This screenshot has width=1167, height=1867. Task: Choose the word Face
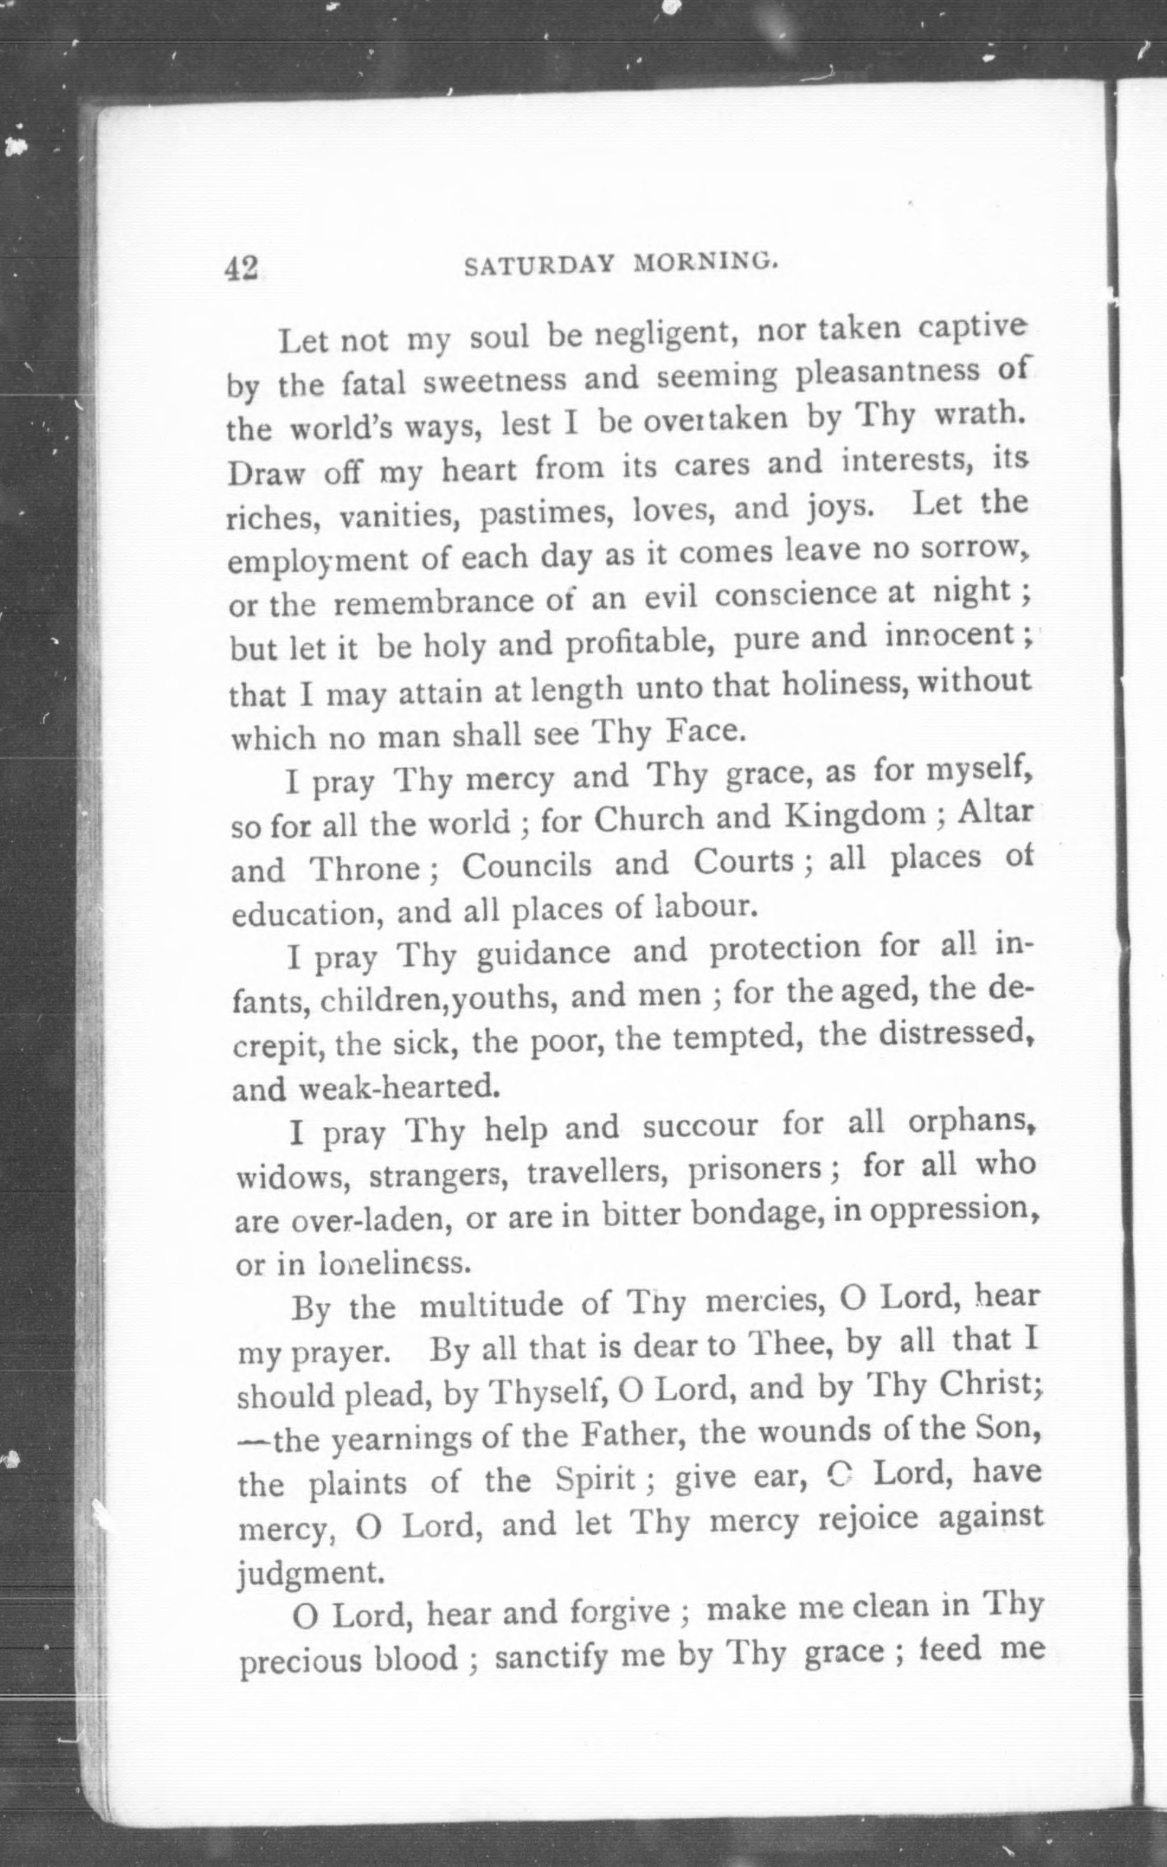coord(705,730)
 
